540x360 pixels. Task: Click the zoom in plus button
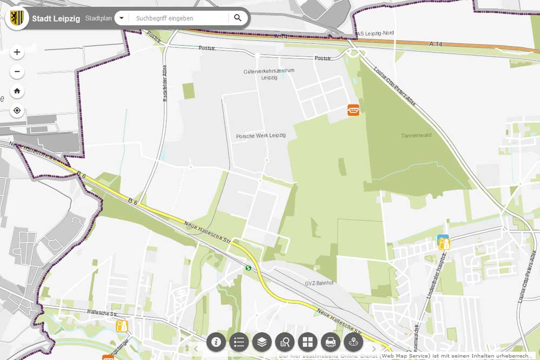coord(17,52)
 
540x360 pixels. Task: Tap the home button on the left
coord(17,91)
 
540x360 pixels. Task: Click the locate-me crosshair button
coord(17,111)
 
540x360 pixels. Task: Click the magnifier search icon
coord(238,18)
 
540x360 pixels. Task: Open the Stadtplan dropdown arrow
coord(122,18)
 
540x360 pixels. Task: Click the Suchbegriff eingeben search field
coord(178,18)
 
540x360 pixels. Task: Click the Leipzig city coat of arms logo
coord(17,18)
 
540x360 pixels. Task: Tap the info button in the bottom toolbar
coord(217,342)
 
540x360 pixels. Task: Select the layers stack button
coord(262,342)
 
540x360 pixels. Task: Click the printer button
coord(330,342)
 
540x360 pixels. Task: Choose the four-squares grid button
coord(307,342)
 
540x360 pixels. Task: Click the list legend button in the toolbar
coord(239,342)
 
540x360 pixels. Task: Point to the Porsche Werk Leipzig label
coord(261,136)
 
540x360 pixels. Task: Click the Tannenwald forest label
coord(416,135)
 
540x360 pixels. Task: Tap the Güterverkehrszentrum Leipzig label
coord(269,74)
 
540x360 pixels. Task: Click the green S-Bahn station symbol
coord(248,268)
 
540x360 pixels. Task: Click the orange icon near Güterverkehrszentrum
coord(353,110)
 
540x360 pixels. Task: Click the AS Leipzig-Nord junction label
coord(375,33)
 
